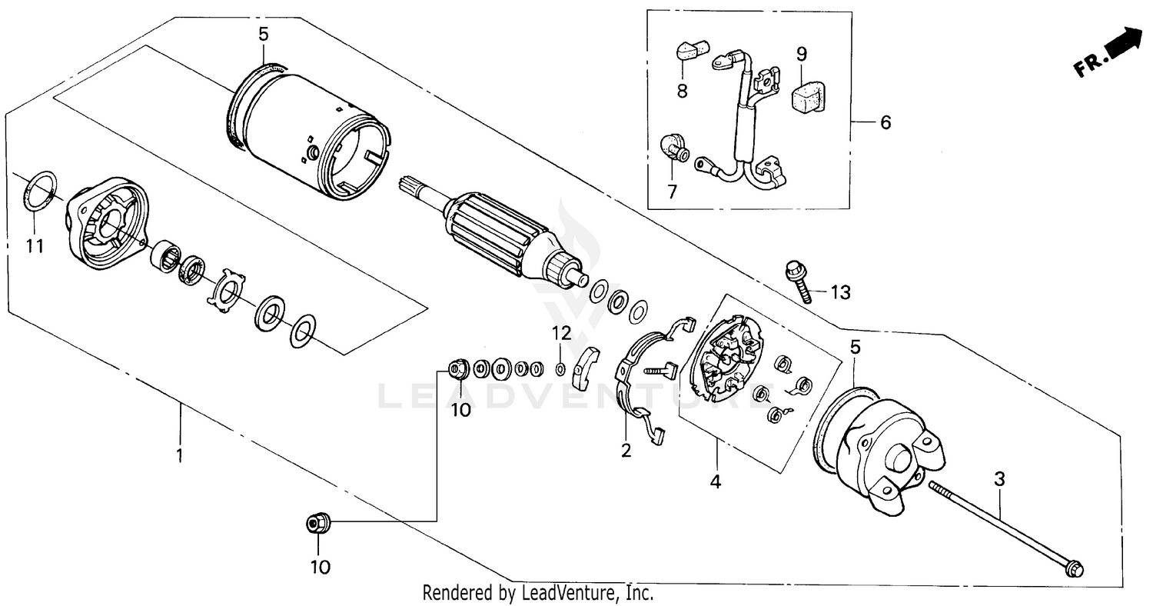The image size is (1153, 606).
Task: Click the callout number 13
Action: (840, 292)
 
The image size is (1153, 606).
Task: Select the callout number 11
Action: (35, 247)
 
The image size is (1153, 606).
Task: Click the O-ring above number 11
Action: (42, 191)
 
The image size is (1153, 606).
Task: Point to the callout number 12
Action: (562, 333)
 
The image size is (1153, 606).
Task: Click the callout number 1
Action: (179, 455)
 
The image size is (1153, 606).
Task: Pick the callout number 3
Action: (998, 479)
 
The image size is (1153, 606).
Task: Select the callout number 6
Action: (886, 122)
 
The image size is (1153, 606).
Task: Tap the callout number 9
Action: (801, 54)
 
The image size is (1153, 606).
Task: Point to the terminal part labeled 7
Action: (674, 147)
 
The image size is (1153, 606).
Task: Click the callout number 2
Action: (626, 451)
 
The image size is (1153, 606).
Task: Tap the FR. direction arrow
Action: (1110, 53)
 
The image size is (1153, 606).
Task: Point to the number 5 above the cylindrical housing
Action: (263, 34)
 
